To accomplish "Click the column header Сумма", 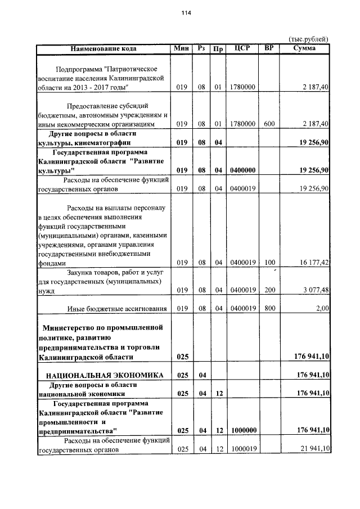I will [304, 48].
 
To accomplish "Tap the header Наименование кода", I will [104, 48].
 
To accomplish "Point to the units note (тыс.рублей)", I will [308, 39].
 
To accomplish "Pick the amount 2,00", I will [322, 308].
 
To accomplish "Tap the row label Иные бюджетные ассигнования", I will [117, 308].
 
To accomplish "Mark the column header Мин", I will [181, 48].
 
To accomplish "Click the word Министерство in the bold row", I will [72, 327].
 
